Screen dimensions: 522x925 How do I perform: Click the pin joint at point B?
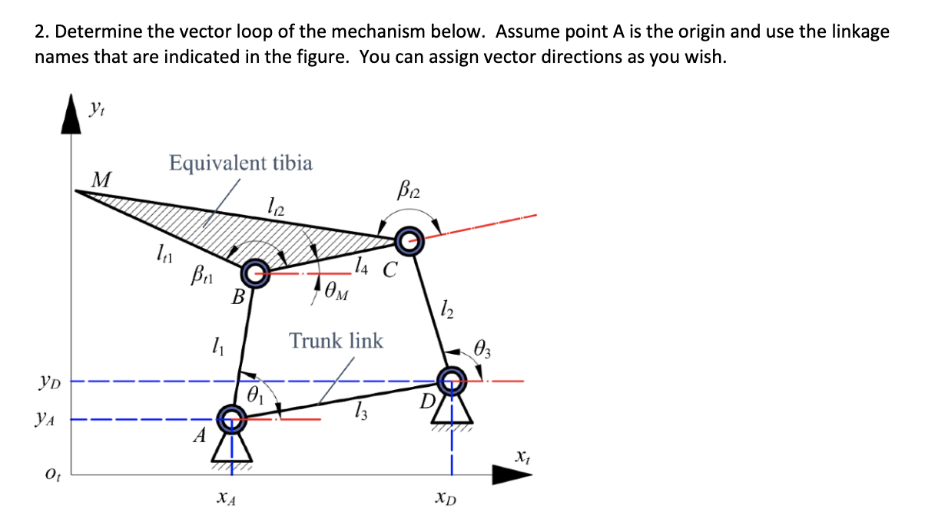click(254, 273)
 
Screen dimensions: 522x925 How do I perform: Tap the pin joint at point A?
click(230, 418)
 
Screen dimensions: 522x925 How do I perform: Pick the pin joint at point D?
click(452, 378)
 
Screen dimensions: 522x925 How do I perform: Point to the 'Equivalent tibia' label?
click(240, 163)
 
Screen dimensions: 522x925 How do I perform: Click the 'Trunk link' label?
click(336, 340)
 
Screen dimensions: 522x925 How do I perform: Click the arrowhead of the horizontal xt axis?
click(511, 474)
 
